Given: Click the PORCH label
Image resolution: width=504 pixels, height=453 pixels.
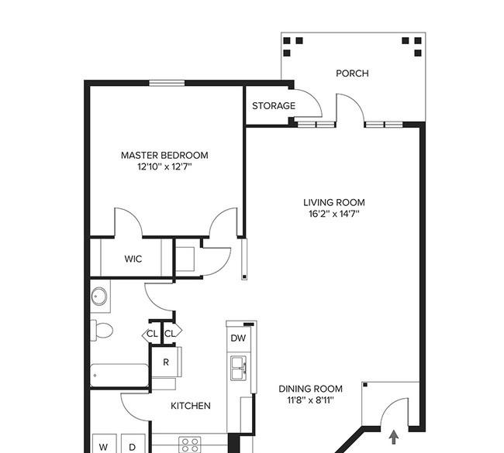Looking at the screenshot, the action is coord(352,74).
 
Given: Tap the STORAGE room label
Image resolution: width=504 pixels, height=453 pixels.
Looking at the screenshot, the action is coord(274,105).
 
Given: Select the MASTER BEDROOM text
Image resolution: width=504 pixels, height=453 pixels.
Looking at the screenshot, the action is coord(164,156).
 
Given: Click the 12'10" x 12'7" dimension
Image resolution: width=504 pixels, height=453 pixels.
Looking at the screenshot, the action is coord(164,167).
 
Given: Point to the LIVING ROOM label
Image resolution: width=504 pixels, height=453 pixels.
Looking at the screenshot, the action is coord(334,203).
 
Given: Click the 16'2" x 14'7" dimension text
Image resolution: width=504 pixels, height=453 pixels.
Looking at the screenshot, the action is coord(334,214).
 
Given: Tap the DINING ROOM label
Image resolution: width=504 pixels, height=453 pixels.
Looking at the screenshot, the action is coord(310,389).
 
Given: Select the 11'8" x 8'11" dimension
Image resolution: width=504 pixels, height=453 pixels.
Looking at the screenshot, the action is coord(310,400).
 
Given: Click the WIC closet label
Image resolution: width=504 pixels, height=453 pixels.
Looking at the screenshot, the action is coord(133,259).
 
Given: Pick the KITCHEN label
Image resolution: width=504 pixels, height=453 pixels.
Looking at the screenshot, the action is coord(191,406).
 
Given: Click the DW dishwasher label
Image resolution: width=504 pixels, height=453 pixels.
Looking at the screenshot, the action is coord(239,338).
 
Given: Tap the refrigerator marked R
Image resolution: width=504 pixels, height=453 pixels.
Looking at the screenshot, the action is coord(167,362).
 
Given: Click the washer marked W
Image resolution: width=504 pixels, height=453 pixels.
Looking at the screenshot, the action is coord(103,444).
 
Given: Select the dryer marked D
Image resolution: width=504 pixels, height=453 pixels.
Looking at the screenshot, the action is coord(133,444).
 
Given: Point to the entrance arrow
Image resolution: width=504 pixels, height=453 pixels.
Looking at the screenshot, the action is coord(394,438).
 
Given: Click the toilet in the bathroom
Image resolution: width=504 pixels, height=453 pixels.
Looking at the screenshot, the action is coord(102,330).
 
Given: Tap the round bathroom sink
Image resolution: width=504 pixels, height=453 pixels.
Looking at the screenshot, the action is coord(99,297).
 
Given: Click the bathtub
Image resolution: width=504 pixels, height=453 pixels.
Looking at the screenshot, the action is coord(119,376).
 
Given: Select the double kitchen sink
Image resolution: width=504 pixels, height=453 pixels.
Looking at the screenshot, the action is coord(239,368).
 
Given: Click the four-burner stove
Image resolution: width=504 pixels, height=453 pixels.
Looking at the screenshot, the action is coord(190,445).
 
